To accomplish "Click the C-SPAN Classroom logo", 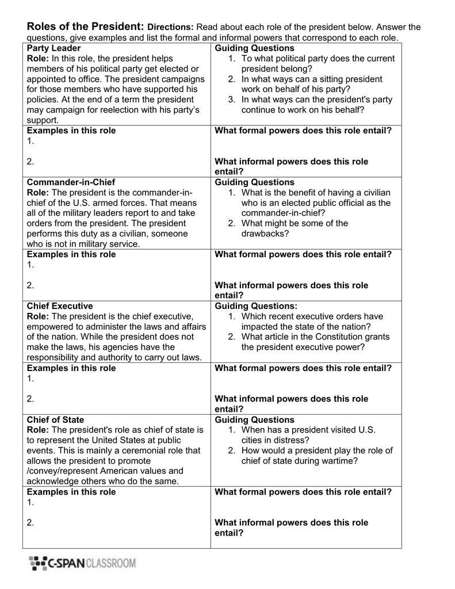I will pos(82,563).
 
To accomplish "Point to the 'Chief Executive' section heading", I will pos(60,306).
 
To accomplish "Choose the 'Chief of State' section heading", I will pos(55,420).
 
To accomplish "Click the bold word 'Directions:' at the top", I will pos(171,28).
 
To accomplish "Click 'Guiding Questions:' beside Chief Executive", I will pos(256,306).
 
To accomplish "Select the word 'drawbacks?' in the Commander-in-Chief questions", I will pos(265,234).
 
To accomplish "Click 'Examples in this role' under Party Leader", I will pos(71,131).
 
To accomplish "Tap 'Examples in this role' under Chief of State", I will pos(71,492).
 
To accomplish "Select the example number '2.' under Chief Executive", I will pos(30,399).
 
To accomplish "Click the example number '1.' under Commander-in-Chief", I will pos(30,265).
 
